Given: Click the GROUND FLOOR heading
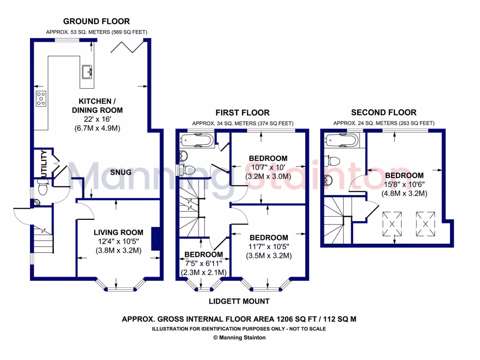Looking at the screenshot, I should pyautogui.click(x=97, y=21).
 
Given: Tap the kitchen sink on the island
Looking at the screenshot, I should pyautogui.click(x=87, y=72).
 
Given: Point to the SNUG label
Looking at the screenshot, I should pyautogui.click(x=120, y=172).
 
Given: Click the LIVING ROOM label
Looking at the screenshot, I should pyautogui.click(x=118, y=232).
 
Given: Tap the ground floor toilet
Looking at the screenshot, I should pyautogui.click(x=43, y=188).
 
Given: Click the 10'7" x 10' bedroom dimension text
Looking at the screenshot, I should pyautogui.click(x=268, y=167).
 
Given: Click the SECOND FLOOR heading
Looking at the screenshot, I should pyautogui.click(x=383, y=112).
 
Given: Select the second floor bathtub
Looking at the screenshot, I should pyautogui.click(x=343, y=140).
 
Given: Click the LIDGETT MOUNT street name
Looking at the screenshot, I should pyautogui.click(x=240, y=301).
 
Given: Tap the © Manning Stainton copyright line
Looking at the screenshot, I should pyautogui.click(x=240, y=337).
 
